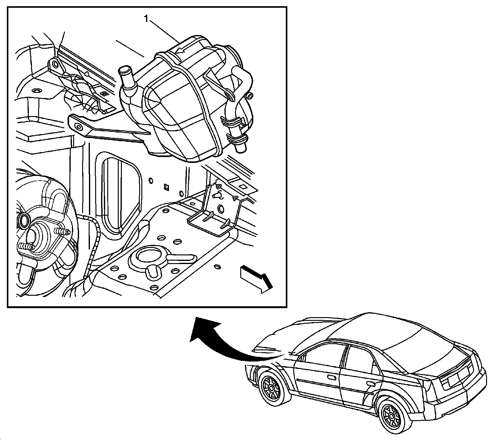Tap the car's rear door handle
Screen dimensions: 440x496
coord(371,384)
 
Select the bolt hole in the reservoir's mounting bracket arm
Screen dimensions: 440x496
coord(77,127)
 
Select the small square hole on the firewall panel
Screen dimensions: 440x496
coord(166,187)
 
